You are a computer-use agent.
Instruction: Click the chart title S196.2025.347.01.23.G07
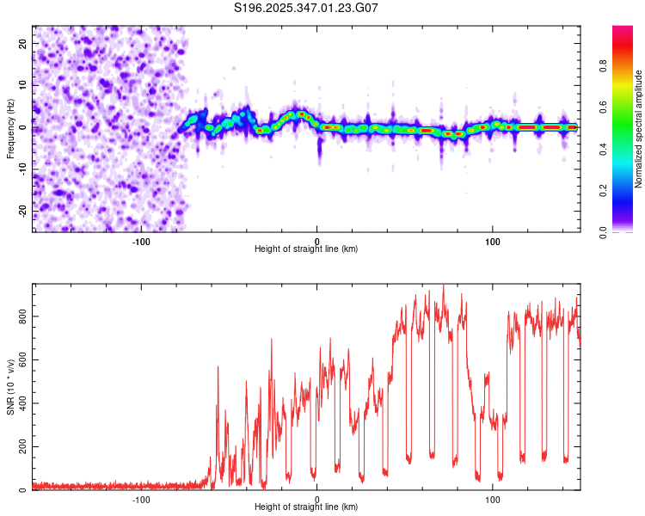[306, 8]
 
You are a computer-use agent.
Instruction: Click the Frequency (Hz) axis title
[10, 129]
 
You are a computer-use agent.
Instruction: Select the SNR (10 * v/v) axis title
[10, 387]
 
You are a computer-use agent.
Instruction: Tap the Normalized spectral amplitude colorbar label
[639, 129]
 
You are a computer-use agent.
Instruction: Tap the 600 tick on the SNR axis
[20, 360]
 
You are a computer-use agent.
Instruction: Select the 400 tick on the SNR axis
[20, 403]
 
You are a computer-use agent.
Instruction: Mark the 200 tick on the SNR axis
[20, 447]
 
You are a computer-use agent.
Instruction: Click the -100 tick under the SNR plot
[141, 500]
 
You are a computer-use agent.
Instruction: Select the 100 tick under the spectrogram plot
[492, 242]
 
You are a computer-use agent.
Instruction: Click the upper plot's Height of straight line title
[306, 249]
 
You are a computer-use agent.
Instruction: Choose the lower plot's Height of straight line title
[306, 507]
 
